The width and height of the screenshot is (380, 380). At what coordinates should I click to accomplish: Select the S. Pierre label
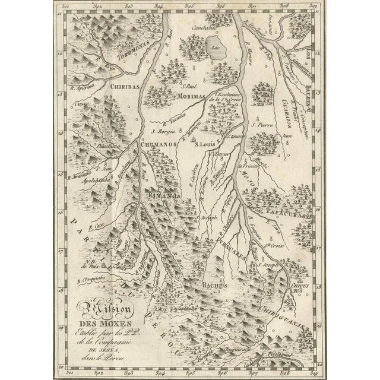pyautogui.click(x=263, y=125)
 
